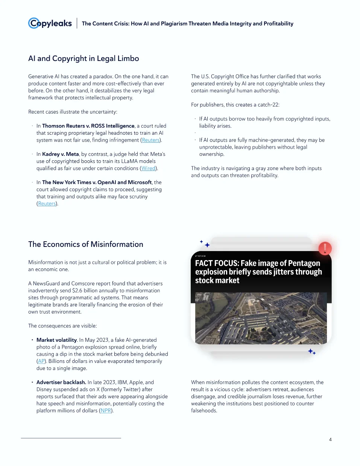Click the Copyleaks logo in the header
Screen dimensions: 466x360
tap(50, 23)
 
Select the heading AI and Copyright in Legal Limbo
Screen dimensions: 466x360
tap(84, 58)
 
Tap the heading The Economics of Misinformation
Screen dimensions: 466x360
tap(85, 244)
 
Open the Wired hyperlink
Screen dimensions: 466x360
tap(148, 168)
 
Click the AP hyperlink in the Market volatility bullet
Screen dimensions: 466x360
tap(41, 361)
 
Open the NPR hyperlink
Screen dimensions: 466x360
tap(106, 410)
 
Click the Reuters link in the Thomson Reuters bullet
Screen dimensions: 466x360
tap(150, 140)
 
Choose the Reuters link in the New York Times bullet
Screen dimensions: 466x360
tap(47, 204)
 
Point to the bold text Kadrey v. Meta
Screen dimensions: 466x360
tap(60, 154)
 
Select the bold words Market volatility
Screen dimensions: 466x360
tap(56, 340)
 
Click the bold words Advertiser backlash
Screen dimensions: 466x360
tap(61, 382)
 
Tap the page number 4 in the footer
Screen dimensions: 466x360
tap(330, 439)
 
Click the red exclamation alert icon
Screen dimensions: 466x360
tap(325, 248)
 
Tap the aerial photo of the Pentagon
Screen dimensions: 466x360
tap(261, 318)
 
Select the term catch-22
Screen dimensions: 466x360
tap(268, 105)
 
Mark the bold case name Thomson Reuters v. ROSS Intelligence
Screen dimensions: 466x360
tap(88, 126)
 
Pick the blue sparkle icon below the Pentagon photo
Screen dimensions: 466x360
tap(311, 352)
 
